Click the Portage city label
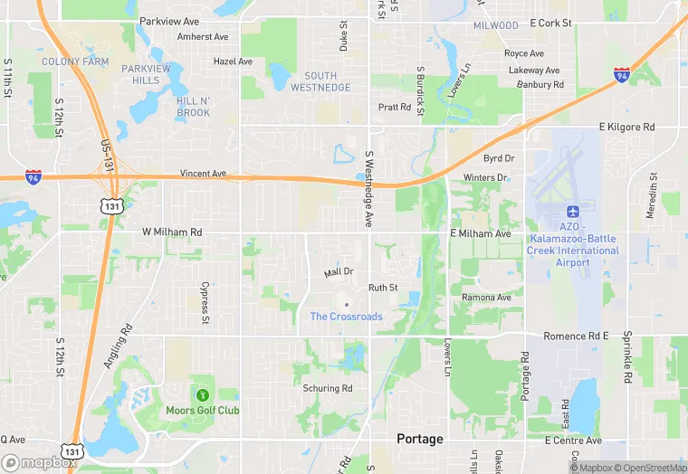[x=420, y=439]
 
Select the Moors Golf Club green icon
[x=202, y=394]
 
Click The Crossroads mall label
[x=346, y=317]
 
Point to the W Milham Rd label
[x=172, y=232]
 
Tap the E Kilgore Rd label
[x=626, y=128]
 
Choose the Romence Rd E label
[x=576, y=336]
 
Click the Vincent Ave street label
[x=203, y=173]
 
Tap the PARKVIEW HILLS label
[x=147, y=74]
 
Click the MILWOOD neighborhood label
[x=496, y=25]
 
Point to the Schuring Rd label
[x=328, y=388]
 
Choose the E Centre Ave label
[x=573, y=440]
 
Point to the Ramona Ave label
[x=486, y=297]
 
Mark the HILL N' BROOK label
[x=193, y=107]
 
